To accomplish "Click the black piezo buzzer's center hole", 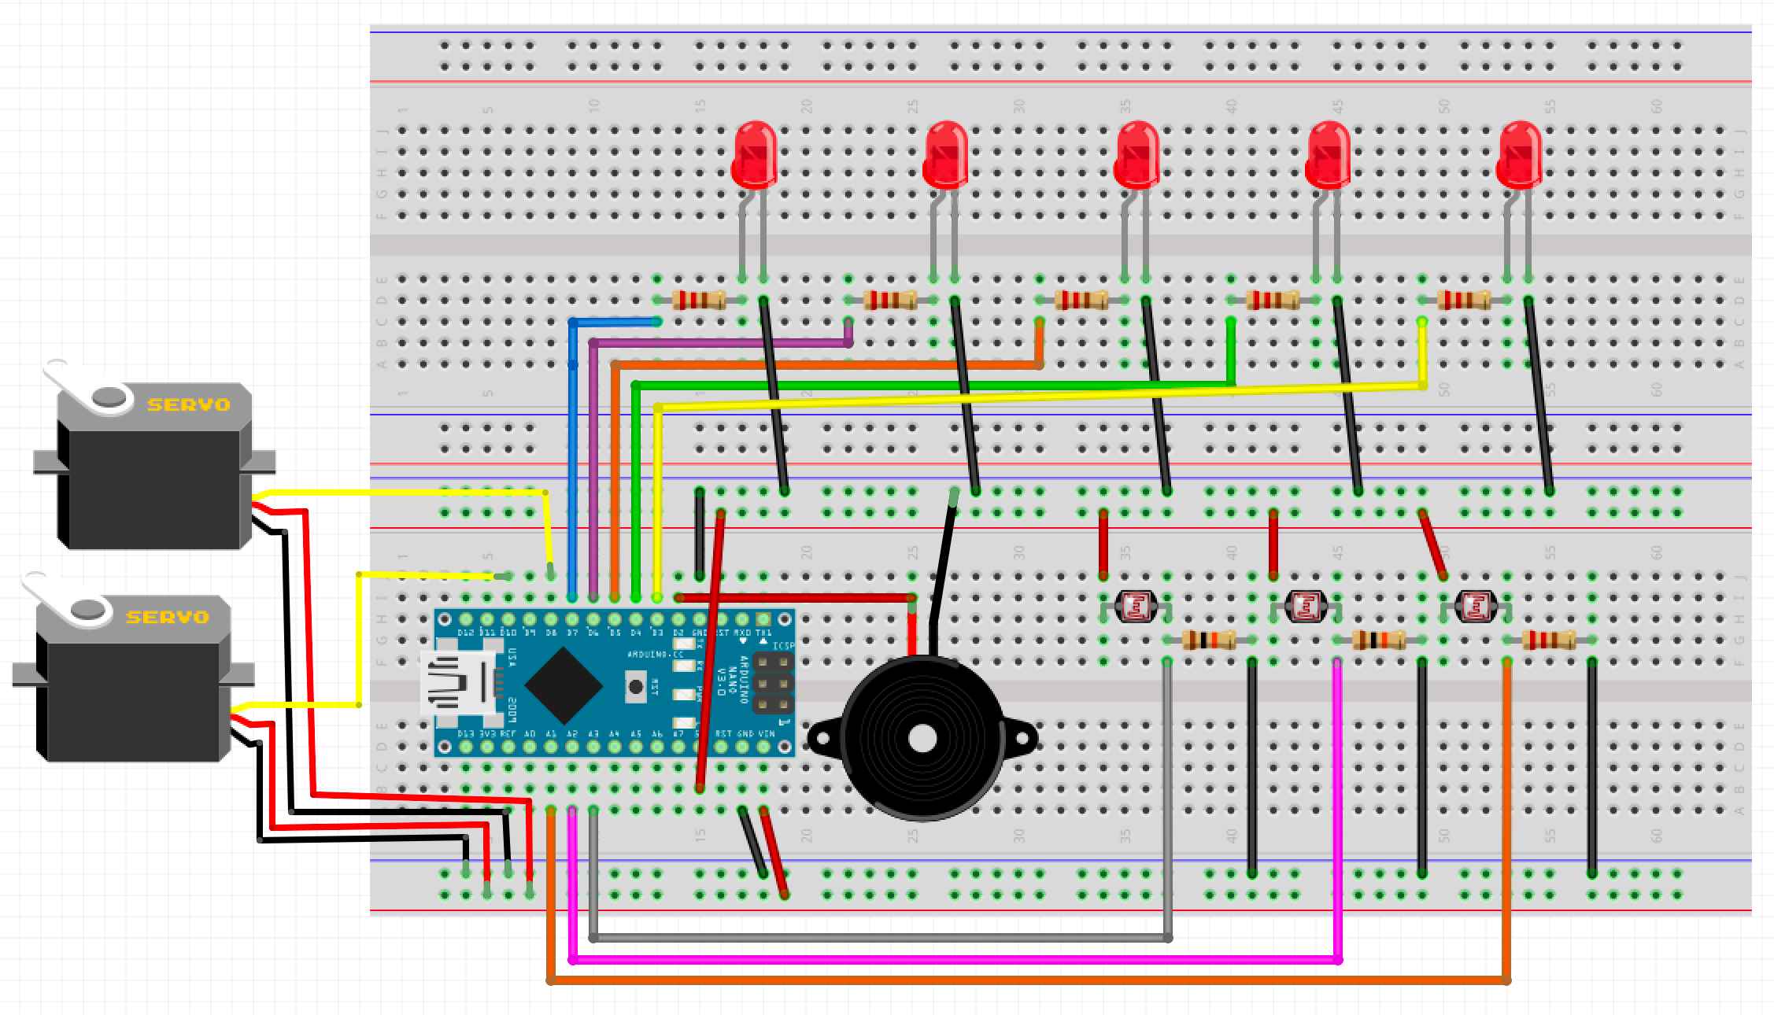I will tap(922, 738).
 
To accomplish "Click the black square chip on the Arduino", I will tap(564, 685).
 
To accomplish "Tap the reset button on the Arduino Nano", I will tap(635, 686).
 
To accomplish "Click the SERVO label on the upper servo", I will tap(189, 404).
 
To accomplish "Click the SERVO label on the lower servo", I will tap(168, 617).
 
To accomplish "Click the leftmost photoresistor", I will tap(1136, 606).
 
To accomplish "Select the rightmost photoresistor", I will tap(1476, 606).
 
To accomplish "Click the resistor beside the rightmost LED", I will tap(1464, 300).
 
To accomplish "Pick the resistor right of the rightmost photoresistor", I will tap(1548, 640).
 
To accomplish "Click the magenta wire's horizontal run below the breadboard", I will tap(944, 959).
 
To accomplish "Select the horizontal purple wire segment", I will tap(716, 343).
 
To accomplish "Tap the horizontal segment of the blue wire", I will tap(614, 322).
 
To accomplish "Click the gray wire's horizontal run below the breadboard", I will tap(866, 938).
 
